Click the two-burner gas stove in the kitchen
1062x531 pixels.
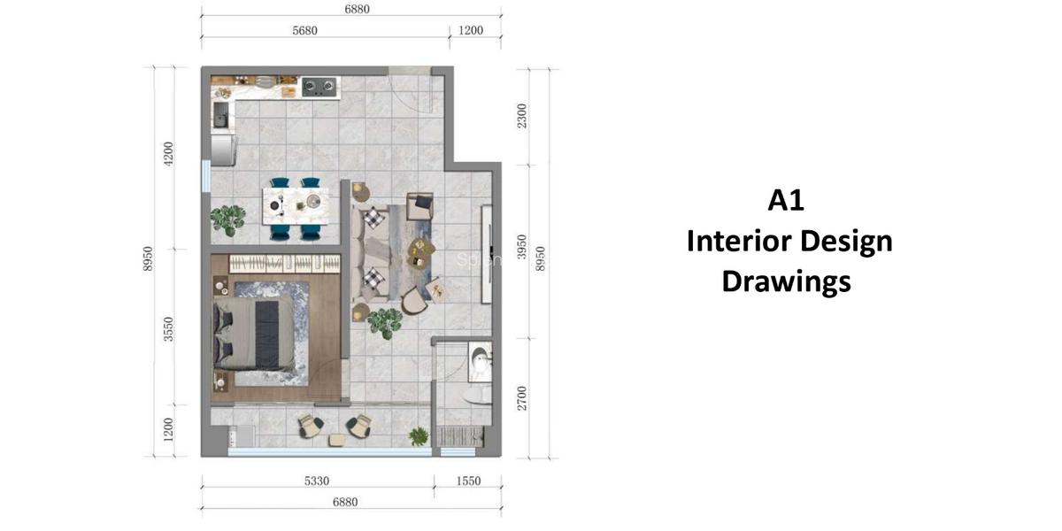tap(319, 87)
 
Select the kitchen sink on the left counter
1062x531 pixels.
tap(220, 114)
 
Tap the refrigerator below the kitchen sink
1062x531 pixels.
tap(223, 149)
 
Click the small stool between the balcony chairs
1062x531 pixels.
tap(337, 439)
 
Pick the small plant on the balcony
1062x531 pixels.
tap(418, 435)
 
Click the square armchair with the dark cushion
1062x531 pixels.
tap(419, 206)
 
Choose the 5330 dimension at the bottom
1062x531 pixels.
tap(316, 481)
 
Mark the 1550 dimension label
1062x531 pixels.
tap(469, 481)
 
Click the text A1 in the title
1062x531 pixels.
tap(786, 201)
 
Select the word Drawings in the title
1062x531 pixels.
tap(786, 281)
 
